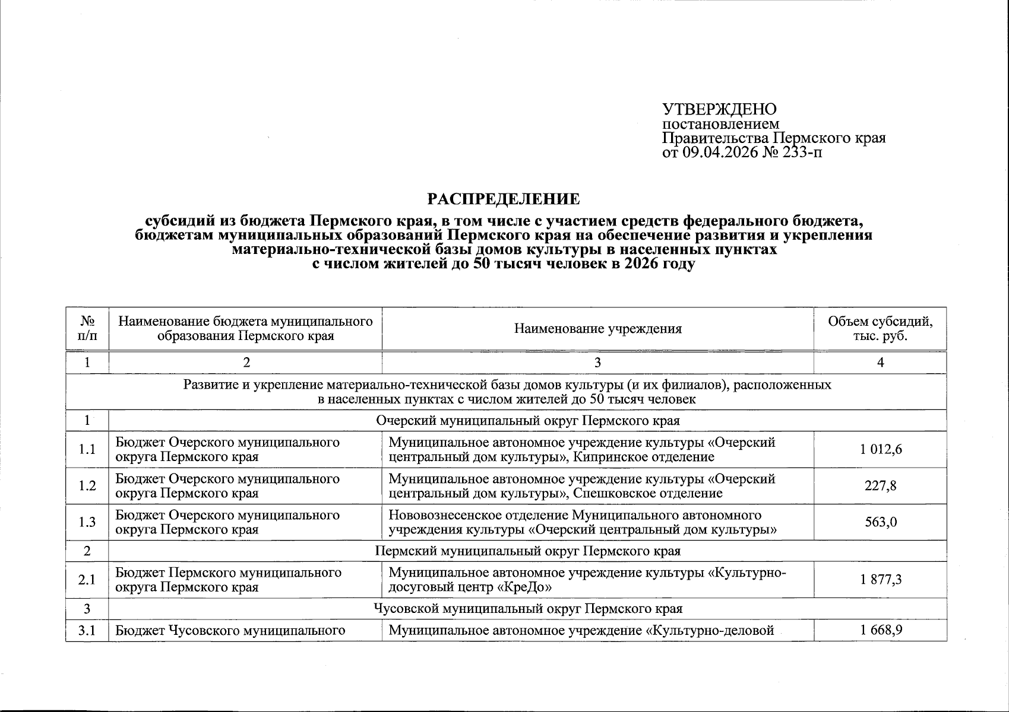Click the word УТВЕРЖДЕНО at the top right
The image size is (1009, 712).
tap(719, 109)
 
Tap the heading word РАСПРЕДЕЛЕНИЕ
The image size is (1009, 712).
tap(504, 199)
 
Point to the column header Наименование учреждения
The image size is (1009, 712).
tap(597, 329)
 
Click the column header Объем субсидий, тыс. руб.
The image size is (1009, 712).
tap(880, 329)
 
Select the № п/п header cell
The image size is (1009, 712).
tap(87, 329)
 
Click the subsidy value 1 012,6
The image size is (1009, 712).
tap(880, 450)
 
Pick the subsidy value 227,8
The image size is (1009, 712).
tap(880, 486)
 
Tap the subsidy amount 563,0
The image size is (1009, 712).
tap(880, 522)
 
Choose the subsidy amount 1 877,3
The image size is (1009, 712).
tap(880, 580)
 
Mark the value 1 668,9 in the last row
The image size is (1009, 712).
tap(880, 630)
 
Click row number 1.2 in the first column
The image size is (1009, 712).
tap(87, 486)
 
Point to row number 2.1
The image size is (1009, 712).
tap(87, 580)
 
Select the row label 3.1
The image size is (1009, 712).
tap(87, 630)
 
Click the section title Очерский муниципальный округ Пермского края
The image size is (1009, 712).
tap(527, 421)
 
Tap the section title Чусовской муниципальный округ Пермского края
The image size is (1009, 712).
tap(527, 609)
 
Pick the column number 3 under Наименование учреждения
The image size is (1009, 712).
tap(597, 363)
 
